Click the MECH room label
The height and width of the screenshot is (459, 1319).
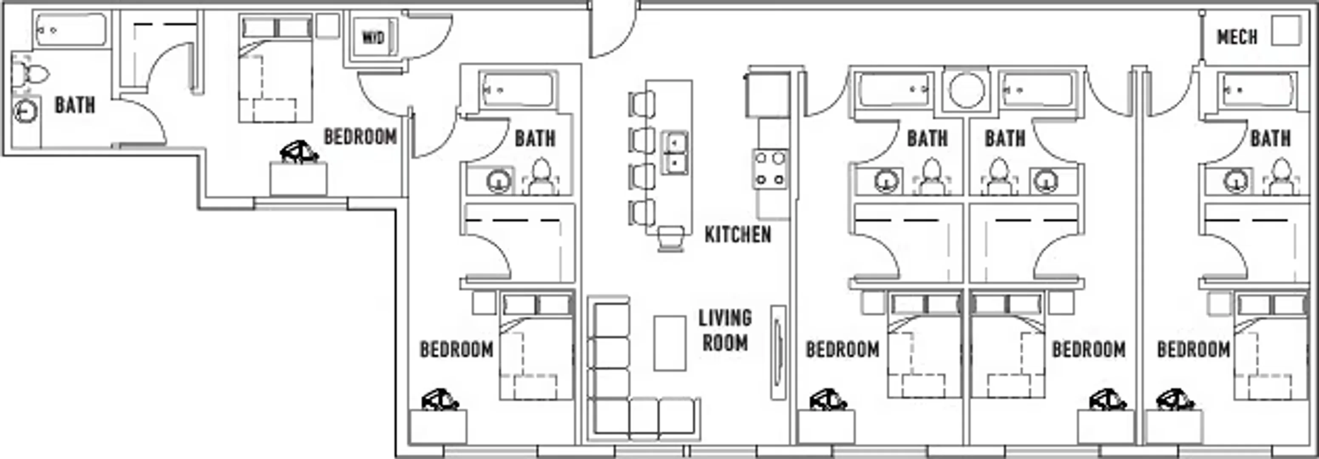pyautogui.click(x=1237, y=37)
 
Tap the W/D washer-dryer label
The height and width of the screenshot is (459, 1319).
pyautogui.click(x=373, y=37)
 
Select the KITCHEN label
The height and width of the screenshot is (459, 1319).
pyautogui.click(x=738, y=234)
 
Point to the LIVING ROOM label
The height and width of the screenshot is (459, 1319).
pyautogui.click(x=725, y=331)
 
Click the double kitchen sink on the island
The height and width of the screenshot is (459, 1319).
pyautogui.click(x=675, y=153)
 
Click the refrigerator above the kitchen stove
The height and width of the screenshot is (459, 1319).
pyautogui.click(x=766, y=95)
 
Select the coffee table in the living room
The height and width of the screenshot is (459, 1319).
pyautogui.click(x=670, y=343)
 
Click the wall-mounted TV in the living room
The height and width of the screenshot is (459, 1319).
pyautogui.click(x=778, y=353)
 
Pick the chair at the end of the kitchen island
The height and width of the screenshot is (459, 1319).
pyautogui.click(x=671, y=238)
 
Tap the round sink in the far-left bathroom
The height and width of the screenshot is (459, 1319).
pyautogui.click(x=25, y=111)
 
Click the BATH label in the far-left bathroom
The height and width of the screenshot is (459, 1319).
pyautogui.click(x=75, y=105)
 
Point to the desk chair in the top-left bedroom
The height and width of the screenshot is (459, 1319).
pyautogui.click(x=299, y=153)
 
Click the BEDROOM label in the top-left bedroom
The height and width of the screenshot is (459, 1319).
pyautogui.click(x=360, y=136)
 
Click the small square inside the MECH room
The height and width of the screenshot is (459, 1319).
pyautogui.click(x=1286, y=31)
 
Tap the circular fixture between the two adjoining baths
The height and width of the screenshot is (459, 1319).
pyautogui.click(x=966, y=90)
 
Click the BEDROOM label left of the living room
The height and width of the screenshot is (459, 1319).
pyautogui.click(x=457, y=349)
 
